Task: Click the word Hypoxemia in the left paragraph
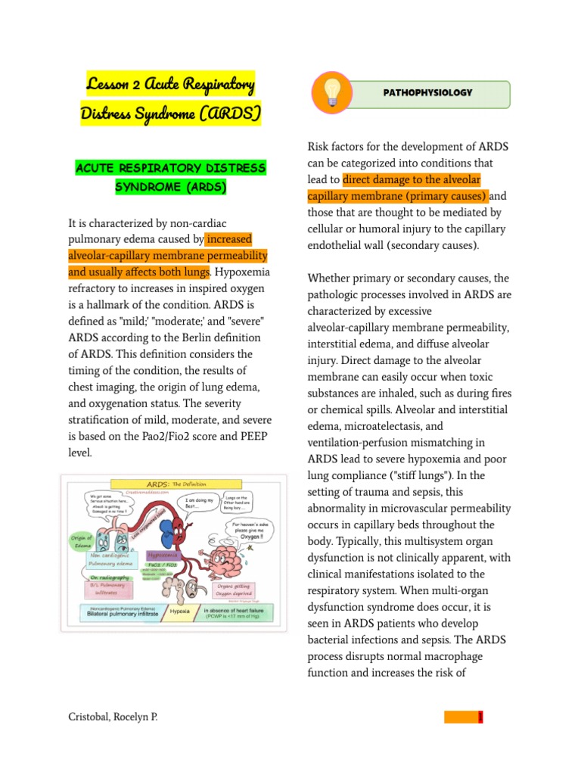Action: click(245, 272)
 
